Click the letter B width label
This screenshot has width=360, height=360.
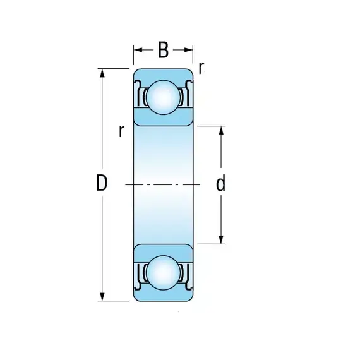click(x=163, y=50)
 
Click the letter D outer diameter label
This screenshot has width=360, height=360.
click(x=102, y=183)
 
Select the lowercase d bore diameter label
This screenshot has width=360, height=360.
click(x=220, y=183)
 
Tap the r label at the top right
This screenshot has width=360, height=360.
click(x=201, y=68)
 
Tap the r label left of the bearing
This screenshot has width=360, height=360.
click(x=121, y=131)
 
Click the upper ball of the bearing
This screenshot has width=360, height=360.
click(x=163, y=97)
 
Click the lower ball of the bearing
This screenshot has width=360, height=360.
click(x=163, y=272)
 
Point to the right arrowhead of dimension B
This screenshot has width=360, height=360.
click(x=188, y=50)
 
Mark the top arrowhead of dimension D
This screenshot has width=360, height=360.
click(x=102, y=73)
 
